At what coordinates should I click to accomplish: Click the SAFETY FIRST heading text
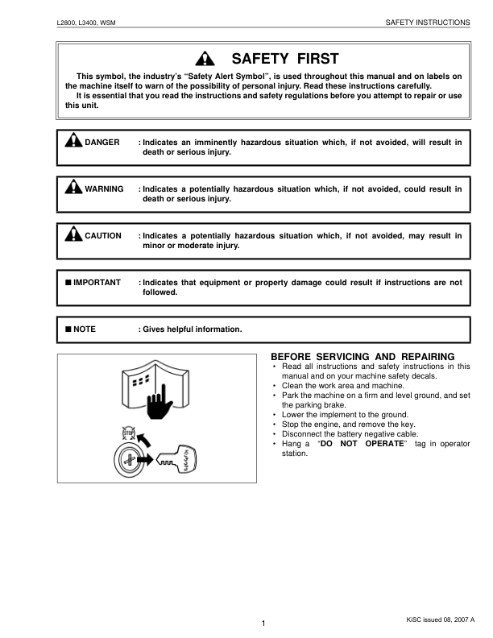[x=285, y=59]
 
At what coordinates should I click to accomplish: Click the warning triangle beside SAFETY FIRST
[x=207, y=59]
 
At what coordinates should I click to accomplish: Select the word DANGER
[x=102, y=143]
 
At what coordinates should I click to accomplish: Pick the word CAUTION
[x=103, y=236]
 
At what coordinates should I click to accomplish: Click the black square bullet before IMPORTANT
[x=68, y=283]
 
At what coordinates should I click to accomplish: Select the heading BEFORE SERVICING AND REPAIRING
[x=362, y=356]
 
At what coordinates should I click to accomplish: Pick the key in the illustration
[x=177, y=462]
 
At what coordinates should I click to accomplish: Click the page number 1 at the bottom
[x=263, y=623]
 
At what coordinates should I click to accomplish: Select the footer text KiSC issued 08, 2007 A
[x=441, y=619]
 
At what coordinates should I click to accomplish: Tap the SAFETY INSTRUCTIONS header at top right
[x=429, y=23]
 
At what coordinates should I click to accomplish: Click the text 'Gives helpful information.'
[x=190, y=329]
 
